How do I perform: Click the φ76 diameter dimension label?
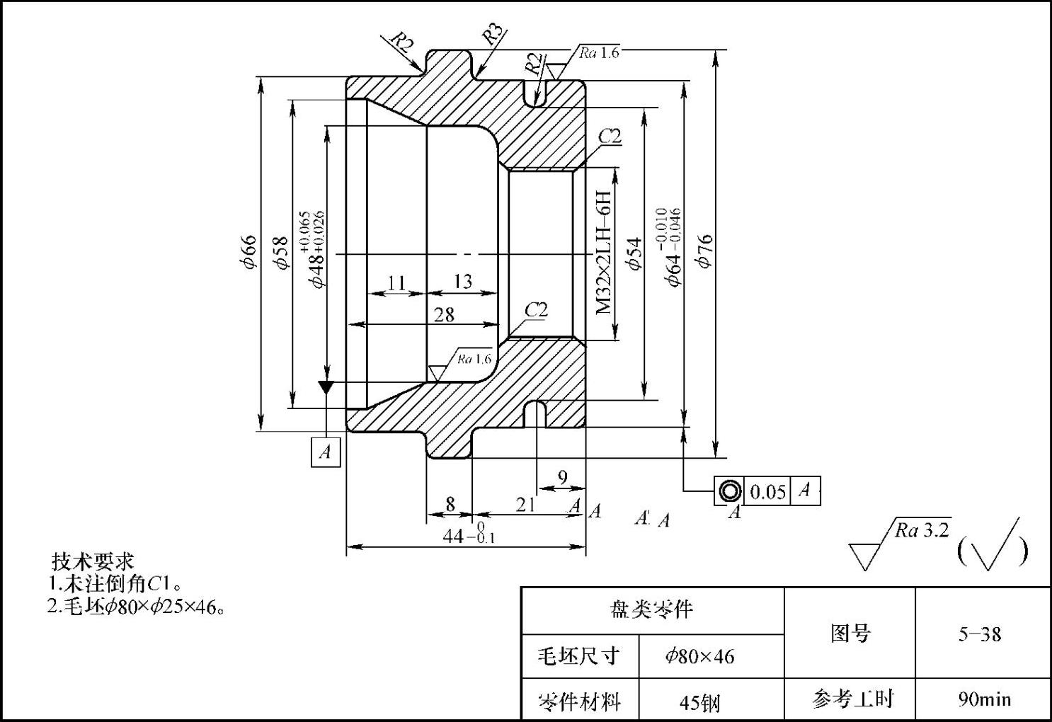tap(704, 251)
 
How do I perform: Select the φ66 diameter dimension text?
tap(248, 253)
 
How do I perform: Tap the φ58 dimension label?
tap(282, 253)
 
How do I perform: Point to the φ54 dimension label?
tap(634, 253)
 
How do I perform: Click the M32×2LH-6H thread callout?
tap(603, 252)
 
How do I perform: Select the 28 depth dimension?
tap(444, 314)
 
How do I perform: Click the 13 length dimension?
tap(462, 282)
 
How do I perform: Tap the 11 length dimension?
tap(396, 283)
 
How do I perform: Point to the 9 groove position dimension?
tap(563, 478)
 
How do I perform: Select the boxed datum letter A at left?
tap(326, 452)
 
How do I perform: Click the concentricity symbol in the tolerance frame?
tap(729, 491)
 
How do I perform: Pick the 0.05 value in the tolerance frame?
tap(767, 491)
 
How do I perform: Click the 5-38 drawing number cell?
tap(980, 634)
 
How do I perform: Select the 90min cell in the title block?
tap(984, 699)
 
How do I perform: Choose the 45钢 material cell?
tap(699, 702)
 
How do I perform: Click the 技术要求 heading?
tap(93, 561)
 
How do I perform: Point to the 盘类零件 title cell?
tap(651, 609)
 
